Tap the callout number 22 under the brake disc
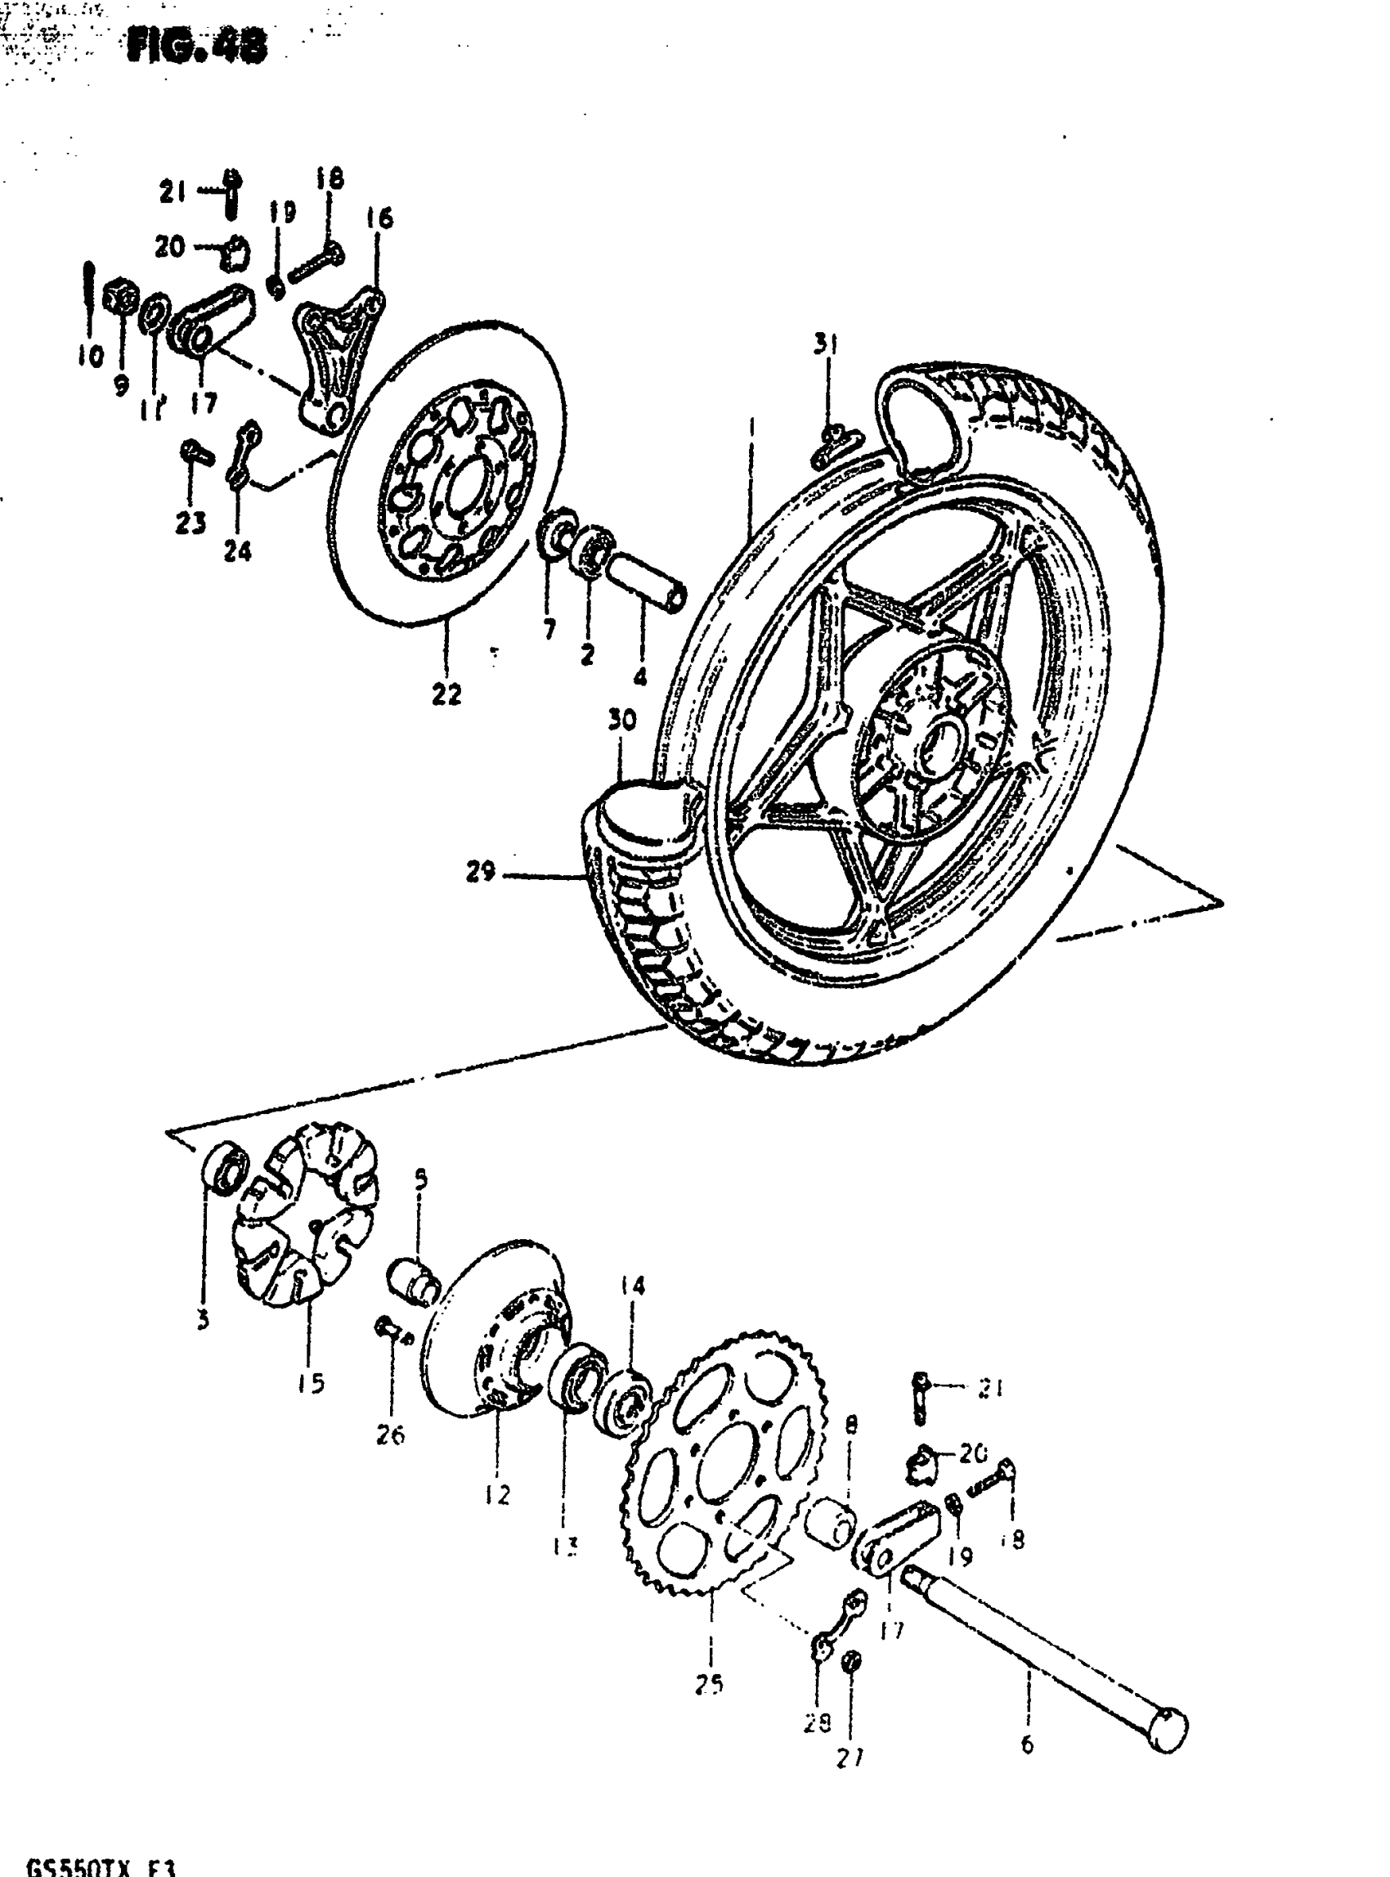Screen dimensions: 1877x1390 446,694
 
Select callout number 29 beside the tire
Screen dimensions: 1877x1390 481,872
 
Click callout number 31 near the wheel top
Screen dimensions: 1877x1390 826,344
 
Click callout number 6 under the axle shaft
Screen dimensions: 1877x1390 1026,1745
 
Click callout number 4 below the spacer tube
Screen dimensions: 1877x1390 640,676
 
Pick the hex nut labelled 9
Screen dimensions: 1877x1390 120,299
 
